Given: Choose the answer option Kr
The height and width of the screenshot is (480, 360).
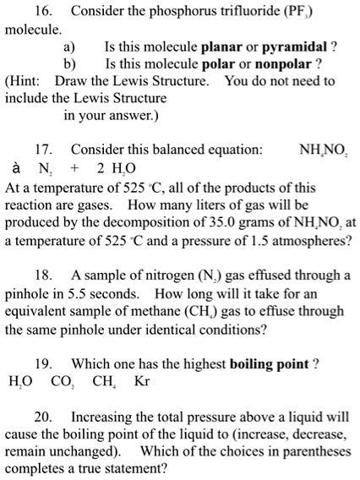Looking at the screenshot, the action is (x=142, y=382).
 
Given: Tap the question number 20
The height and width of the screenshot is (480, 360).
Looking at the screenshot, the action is (x=52, y=417).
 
